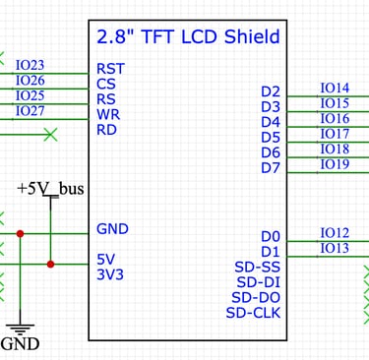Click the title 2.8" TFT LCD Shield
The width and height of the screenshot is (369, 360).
(x=188, y=37)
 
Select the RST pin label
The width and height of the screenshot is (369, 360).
(x=110, y=69)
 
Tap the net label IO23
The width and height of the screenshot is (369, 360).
(x=30, y=66)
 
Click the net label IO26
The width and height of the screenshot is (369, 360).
(x=30, y=81)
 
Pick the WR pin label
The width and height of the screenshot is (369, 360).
(x=109, y=114)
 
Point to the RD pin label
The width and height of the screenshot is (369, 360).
(x=108, y=129)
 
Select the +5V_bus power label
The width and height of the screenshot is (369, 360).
(x=50, y=188)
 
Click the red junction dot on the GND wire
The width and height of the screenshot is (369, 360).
(x=21, y=234)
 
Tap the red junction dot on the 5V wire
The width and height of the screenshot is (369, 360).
(x=51, y=264)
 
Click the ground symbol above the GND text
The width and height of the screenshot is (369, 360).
(x=20, y=328)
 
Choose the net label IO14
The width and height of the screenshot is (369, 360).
(x=335, y=89)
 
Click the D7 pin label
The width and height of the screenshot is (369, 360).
(x=271, y=168)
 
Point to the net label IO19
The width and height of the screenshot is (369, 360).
(x=335, y=164)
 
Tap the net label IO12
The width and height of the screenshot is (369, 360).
(x=335, y=233)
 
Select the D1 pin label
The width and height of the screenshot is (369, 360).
(x=271, y=252)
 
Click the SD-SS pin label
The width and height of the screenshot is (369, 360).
(x=258, y=267)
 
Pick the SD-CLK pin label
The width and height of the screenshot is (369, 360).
(x=254, y=313)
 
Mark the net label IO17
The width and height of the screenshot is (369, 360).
(x=335, y=134)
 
